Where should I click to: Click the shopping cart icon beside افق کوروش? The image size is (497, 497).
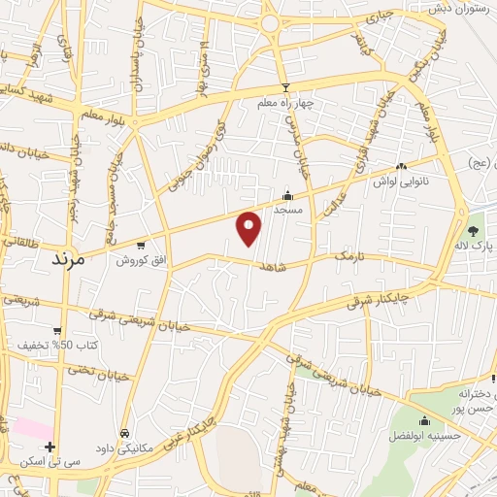(143, 246)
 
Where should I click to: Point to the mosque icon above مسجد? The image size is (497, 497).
(286, 194)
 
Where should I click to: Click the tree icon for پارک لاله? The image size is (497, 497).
(473, 231)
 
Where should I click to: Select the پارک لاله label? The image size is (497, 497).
(473, 247)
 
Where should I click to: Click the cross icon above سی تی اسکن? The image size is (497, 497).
(50, 447)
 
